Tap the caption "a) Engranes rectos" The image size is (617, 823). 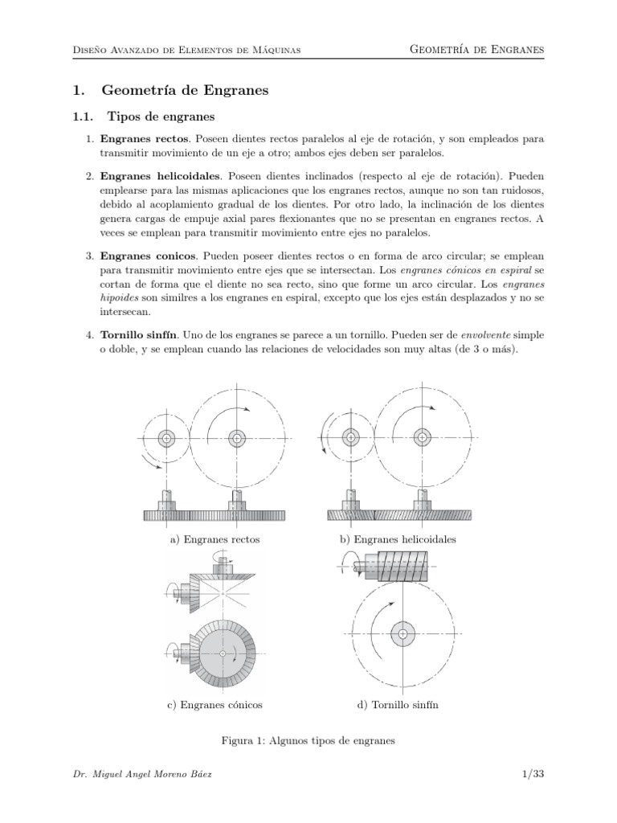(x=215, y=539)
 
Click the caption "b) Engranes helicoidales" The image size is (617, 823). (x=398, y=539)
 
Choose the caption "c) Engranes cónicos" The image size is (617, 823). (x=215, y=705)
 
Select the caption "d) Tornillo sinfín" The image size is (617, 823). (x=398, y=705)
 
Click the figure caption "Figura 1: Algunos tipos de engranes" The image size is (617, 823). (x=308, y=741)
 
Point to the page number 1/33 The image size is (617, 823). (x=532, y=774)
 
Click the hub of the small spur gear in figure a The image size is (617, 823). (x=166, y=438)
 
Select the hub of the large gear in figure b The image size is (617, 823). (x=420, y=437)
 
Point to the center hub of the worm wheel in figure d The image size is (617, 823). (x=401, y=634)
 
